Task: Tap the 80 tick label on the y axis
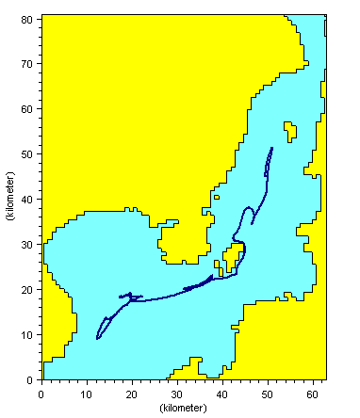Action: click(x=29, y=19)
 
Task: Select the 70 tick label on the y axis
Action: click(x=29, y=64)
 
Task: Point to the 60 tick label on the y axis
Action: click(x=29, y=109)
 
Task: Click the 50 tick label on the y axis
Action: click(x=29, y=154)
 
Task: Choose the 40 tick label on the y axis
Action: click(x=29, y=200)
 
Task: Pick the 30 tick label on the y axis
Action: click(x=29, y=245)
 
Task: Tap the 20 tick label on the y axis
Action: click(x=29, y=290)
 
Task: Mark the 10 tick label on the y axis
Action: click(x=29, y=335)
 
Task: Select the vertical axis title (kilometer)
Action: click(x=10, y=198)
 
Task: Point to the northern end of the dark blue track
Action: click(x=272, y=148)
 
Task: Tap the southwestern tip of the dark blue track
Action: click(x=97, y=338)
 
